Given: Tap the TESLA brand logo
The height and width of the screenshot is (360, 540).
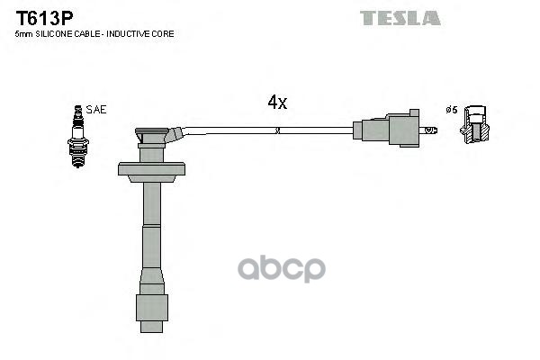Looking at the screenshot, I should click(400, 17).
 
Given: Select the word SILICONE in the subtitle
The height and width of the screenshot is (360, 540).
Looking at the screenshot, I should click(56, 33).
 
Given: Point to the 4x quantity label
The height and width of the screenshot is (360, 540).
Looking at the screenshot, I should click(277, 103).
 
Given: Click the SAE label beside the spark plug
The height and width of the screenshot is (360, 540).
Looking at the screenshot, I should click(96, 110).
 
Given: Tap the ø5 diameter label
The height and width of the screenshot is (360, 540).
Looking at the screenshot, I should click(452, 110).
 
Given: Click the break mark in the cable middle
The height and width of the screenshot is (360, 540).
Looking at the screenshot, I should click(278, 130).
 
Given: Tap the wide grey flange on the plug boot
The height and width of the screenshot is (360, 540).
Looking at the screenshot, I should click(151, 169).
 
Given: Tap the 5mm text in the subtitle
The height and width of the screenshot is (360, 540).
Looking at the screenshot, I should click(24, 33).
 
